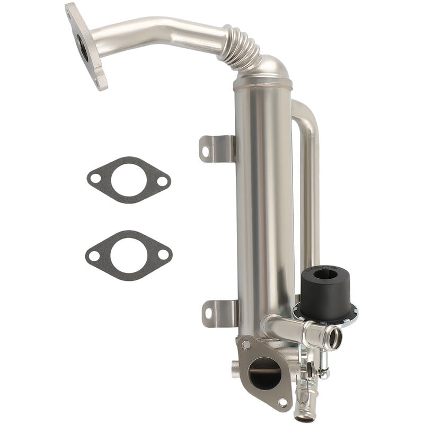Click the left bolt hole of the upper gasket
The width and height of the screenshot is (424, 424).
96,179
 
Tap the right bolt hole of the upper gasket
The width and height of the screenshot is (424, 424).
162,181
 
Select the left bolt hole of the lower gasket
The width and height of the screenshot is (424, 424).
94,256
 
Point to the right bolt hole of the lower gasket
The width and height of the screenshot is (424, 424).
163,255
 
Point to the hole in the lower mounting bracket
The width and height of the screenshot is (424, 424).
208,313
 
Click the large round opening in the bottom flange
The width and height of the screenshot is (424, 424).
264,373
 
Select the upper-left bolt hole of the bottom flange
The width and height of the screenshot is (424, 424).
247,344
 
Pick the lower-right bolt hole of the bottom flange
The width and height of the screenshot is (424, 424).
282,402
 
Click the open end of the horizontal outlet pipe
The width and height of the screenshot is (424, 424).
334,337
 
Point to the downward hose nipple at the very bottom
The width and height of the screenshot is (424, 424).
304,411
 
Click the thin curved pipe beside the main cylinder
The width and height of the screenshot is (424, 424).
310,175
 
